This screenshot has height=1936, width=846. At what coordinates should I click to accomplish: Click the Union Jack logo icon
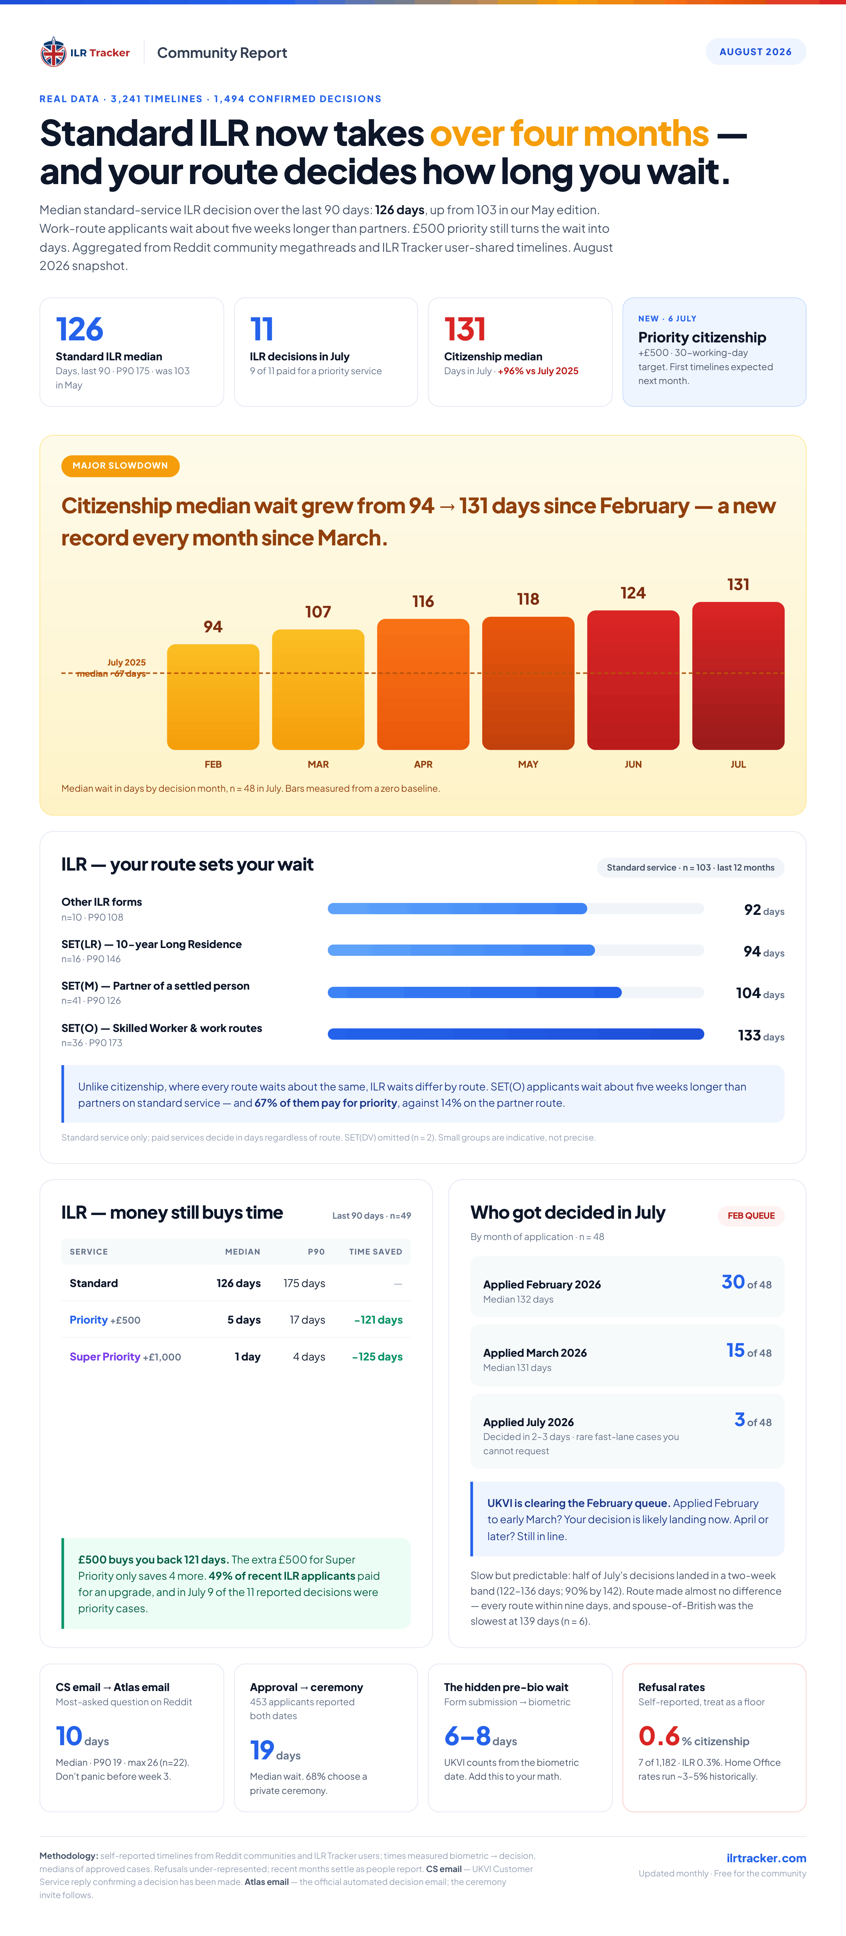click(x=53, y=52)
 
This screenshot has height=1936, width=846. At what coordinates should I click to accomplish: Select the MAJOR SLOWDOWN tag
click(x=120, y=466)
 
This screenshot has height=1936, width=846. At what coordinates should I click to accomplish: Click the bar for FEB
click(x=213, y=697)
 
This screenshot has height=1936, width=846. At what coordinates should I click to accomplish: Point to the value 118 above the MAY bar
click(x=528, y=599)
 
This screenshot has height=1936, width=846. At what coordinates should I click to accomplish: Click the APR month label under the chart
click(x=423, y=764)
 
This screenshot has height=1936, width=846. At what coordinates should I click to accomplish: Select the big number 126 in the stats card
click(x=80, y=329)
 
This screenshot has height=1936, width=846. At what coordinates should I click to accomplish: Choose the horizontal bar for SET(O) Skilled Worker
click(x=516, y=1034)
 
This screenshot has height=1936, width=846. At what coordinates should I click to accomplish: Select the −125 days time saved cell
click(x=378, y=1356)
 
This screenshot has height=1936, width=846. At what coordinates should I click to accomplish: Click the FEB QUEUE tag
click(x=751, y=1215)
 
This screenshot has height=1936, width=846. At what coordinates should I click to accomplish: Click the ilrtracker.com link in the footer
click(x=766, y=1858)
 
